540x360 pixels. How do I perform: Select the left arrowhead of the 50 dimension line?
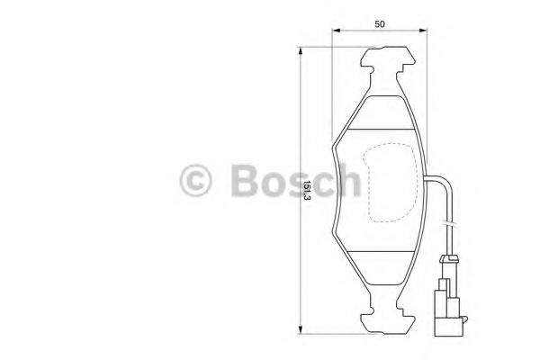[x=337, y=33]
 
